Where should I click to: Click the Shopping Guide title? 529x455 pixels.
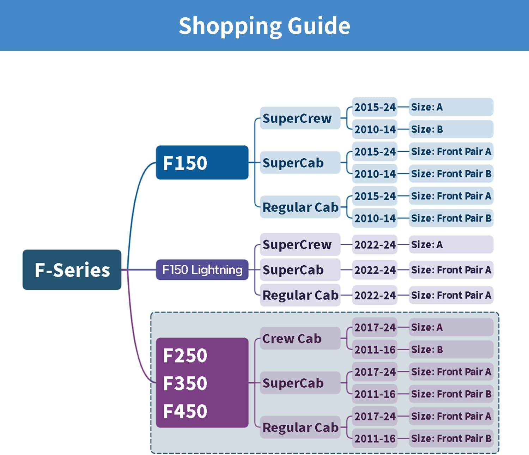coord(264,26)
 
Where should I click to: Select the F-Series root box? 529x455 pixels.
coord(72,270)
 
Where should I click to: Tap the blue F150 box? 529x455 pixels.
coord(202,163)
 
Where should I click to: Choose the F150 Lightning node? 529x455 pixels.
coord(202,270)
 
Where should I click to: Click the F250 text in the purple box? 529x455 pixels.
coord(185,355)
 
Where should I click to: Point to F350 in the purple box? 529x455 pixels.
coord(185,383)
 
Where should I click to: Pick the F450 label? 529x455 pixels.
coord(185,411)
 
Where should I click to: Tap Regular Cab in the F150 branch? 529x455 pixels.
coord(300,207)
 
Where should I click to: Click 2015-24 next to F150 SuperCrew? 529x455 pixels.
coord(375,107)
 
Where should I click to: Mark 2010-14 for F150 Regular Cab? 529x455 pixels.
coord(375,218)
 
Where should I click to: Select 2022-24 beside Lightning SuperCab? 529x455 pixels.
coord(375,270)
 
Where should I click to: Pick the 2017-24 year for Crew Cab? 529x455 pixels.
coord(375,327)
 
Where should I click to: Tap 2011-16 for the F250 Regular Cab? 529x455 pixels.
coord(375,438)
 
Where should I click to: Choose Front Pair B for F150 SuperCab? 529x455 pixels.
coord(451,174)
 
